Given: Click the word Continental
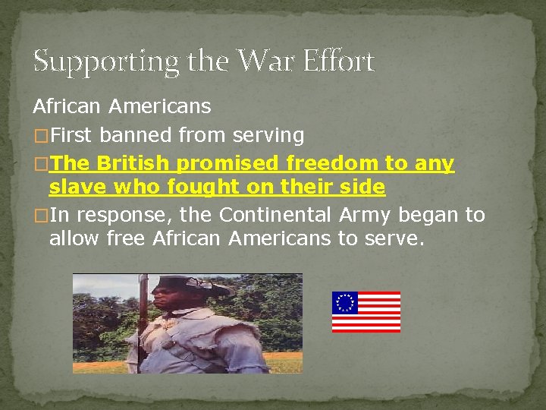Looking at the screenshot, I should click(275, 215).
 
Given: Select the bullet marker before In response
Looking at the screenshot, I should click(39, 216).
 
